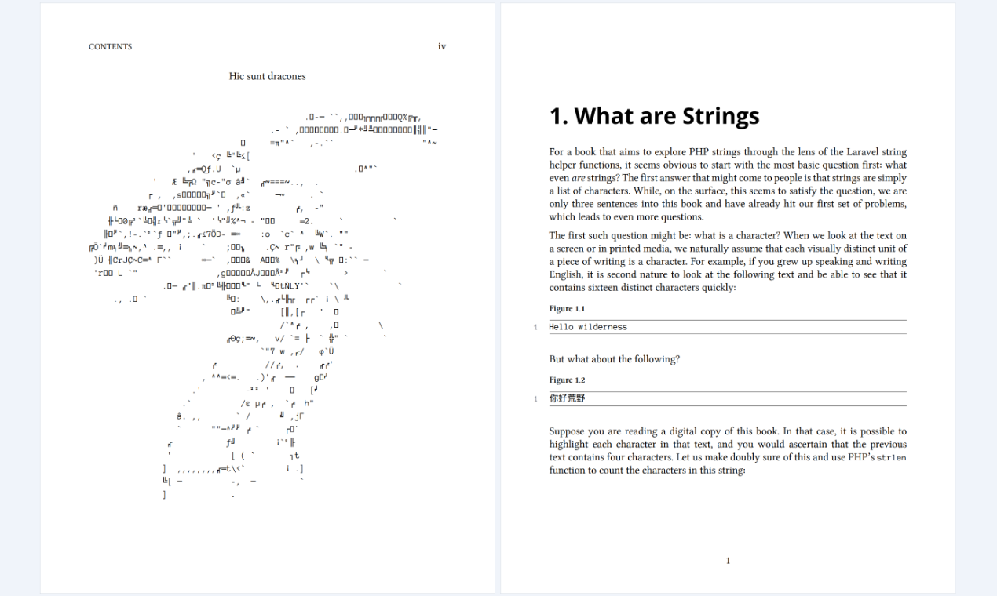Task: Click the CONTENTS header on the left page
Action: (110, 47)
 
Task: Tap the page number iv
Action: (442, 47)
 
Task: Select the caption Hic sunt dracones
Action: (267, 76)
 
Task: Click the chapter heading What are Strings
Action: (654, 117)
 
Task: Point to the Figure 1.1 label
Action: (567, 309)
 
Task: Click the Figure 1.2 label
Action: (567, 380)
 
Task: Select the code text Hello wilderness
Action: (588, 327)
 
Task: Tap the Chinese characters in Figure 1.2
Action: (567, 398)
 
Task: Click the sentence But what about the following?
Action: (614, 359)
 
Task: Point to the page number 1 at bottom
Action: (728, 561)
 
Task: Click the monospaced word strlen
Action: (891, 457)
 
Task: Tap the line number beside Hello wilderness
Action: (535, 327)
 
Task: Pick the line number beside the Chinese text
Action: (535, 399)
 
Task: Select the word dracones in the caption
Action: (287, 76)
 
